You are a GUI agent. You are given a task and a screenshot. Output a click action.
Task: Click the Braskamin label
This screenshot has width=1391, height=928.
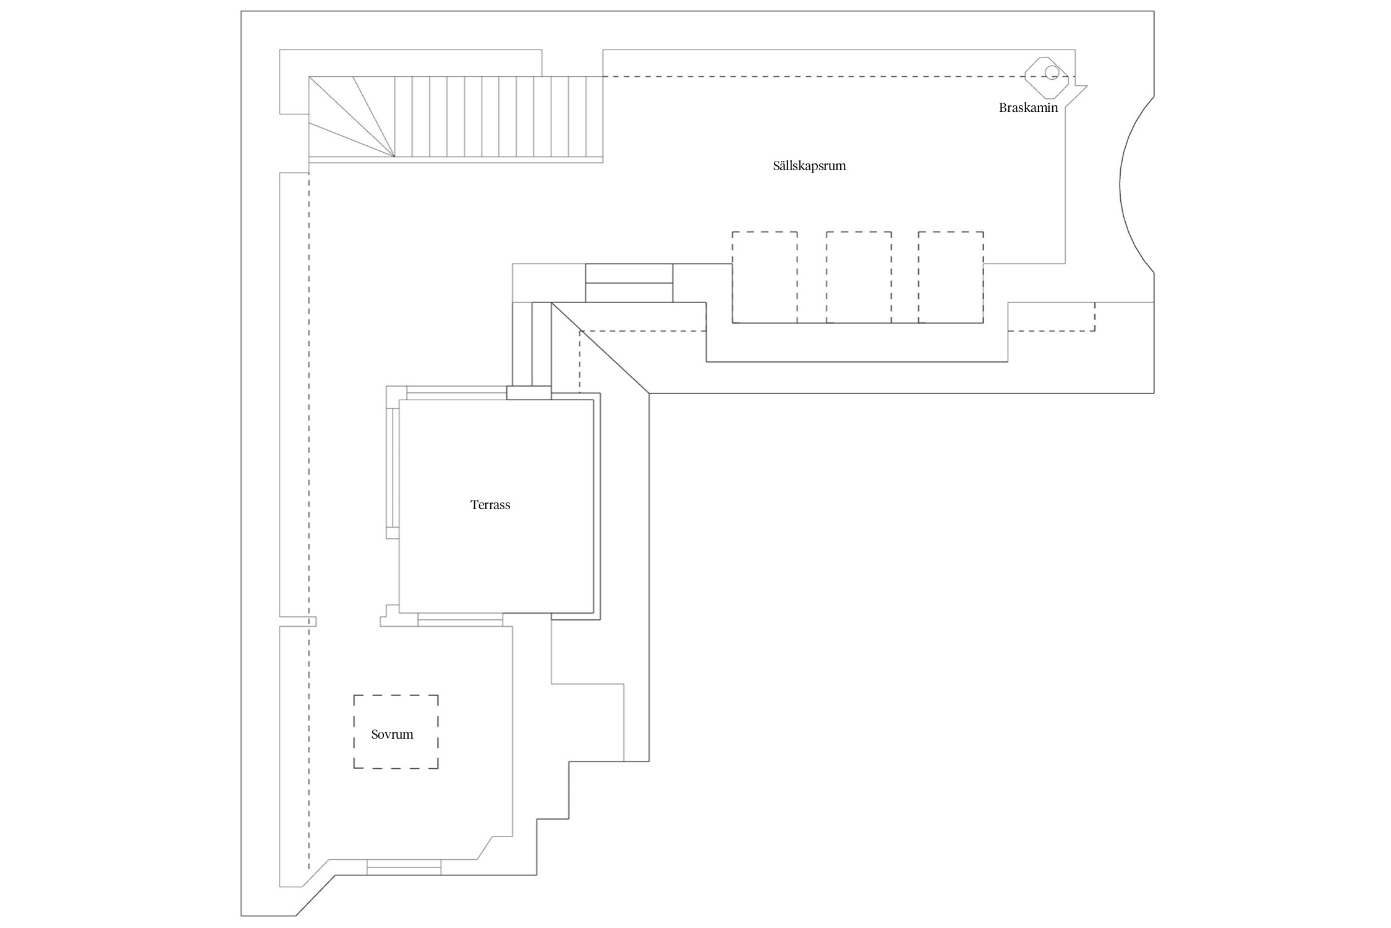click(x=1028, y=108)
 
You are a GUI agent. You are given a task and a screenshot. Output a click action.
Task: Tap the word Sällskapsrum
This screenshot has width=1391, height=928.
click(x=809, y=166)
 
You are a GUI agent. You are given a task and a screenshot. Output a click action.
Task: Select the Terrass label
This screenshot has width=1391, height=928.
click(x=490, y=505)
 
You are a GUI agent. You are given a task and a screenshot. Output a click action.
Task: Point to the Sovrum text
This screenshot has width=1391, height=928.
click(x=392, y=734)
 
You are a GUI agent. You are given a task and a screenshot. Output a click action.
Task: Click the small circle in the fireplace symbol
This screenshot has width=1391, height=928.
click(x=1052, y=73)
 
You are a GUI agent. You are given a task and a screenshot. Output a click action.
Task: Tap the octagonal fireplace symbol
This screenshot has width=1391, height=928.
click(x=1047, y=77)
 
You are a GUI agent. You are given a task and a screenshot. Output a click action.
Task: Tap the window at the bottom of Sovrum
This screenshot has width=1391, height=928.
click(x=404, y=867)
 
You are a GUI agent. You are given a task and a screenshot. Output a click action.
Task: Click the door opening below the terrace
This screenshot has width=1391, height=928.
click(x=460, y=619)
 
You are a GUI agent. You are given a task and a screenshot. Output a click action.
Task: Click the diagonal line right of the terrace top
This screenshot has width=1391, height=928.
click(x=600, y=348)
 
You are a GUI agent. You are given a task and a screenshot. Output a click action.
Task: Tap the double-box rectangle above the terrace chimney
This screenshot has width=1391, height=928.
click(x=629, y=283)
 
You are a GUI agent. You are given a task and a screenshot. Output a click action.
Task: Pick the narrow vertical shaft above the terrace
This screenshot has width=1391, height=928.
click(x=532, y=344)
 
